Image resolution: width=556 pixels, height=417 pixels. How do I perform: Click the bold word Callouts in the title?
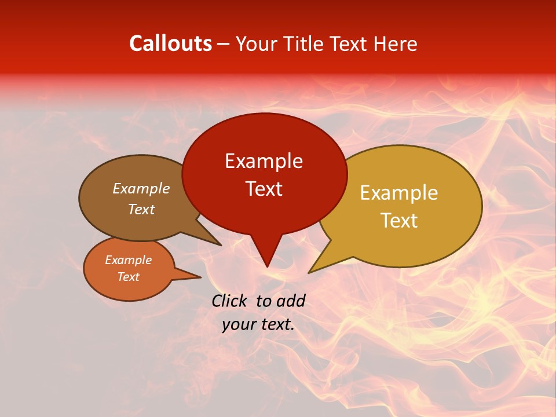pos(170,43)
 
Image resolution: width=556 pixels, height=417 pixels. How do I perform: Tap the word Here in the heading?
pos(395,43)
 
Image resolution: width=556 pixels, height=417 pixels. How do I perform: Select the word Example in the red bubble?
pos(264,161)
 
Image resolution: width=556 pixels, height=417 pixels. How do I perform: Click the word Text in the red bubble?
pos(264,189)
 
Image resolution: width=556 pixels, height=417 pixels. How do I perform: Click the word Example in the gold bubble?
pos(399,193)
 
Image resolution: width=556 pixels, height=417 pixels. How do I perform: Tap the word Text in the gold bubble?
pos(399,221)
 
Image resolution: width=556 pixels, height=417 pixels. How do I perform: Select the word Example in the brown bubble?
pos(141,188)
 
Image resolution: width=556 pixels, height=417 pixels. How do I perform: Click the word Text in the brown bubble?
pos(141,209)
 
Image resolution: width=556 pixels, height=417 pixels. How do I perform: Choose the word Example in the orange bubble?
pos(128,260)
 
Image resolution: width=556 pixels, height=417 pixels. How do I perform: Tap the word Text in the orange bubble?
pos(128,277)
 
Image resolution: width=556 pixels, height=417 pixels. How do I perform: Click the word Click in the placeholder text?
pos(231,301)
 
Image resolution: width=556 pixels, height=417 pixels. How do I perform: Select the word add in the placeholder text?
pos(291,301)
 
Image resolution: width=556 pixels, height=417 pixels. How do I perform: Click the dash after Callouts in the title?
pos(224,43)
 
